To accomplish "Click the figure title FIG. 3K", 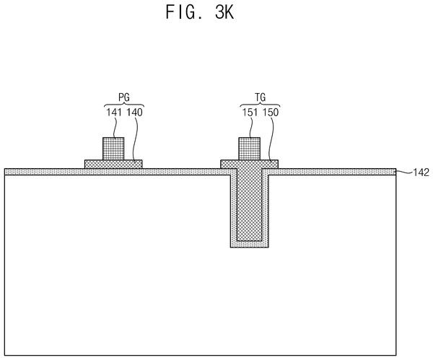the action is tap(200, 12).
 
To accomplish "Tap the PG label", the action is tap(124, 97).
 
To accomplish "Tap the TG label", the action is tap(260, 97).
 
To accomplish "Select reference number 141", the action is tap(114, 113).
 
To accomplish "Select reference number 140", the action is tap(134, 113).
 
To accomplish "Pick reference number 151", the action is tap(250, 113).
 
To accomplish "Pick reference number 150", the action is tap(271, 113).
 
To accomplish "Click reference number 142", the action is tap(421, 172).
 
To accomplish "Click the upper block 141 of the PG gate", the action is tap(113, 149).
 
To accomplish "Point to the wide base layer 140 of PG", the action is tap(113, 164).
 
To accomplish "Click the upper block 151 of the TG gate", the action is tap(249, 149).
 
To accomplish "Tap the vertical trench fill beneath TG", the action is tap(250, 204).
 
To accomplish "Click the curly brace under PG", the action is tap(124, 105).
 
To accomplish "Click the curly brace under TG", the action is tap(260, 105).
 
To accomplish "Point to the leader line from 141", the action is tap(115, 128).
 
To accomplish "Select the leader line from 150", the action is tap(271, 139).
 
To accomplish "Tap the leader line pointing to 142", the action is tap(403, 172).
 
